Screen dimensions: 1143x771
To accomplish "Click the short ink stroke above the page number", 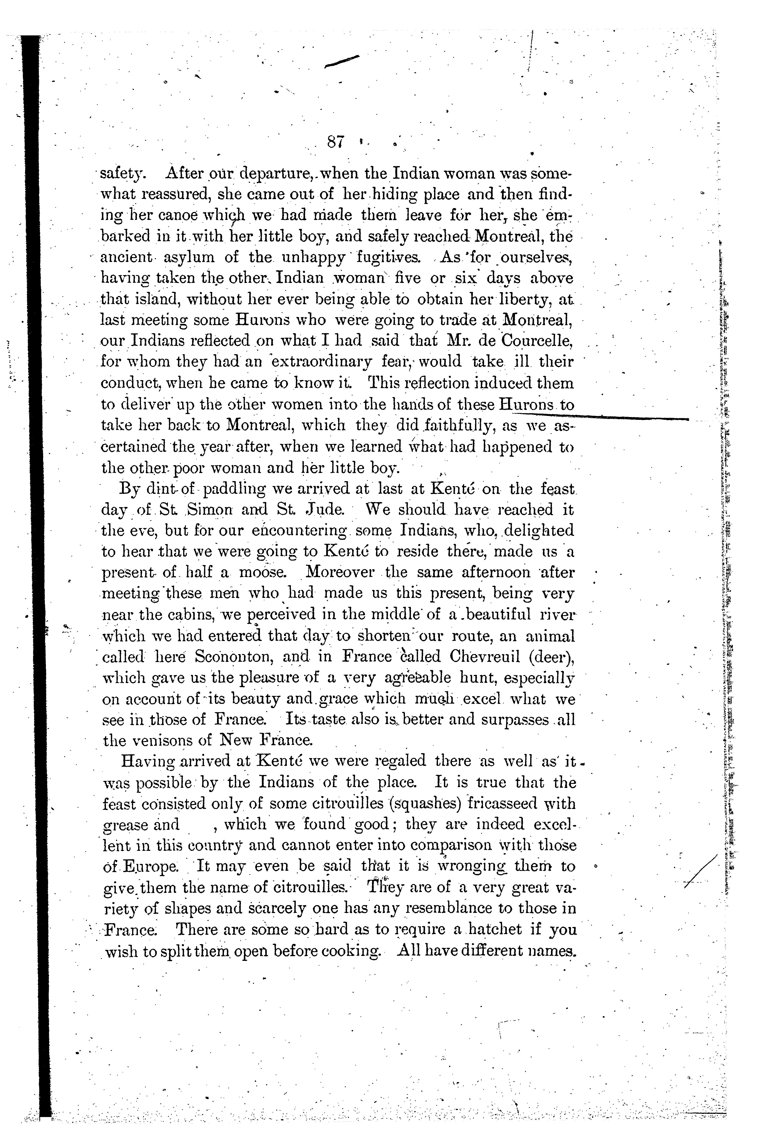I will coord(342,61).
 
